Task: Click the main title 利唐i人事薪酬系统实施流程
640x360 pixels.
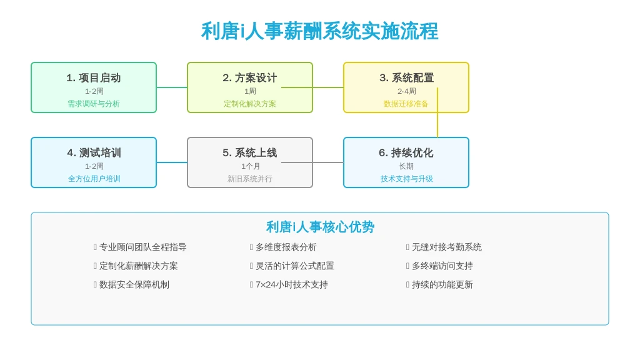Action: point(319,31)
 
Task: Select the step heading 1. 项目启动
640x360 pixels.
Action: point(94,77)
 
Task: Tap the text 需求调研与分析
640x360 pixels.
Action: point(94,104)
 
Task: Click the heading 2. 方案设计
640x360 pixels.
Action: point(250,77)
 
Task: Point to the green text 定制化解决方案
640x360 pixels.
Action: point(250,104)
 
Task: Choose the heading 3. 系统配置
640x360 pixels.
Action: point(406,77)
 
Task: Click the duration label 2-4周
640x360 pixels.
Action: point(406,91)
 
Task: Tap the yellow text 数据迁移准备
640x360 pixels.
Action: point(406,104)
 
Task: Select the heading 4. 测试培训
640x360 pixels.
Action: point(94,152)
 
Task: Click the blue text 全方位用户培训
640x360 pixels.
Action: point(94,179)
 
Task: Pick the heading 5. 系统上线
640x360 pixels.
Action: point(250,152)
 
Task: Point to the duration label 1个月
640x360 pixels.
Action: point(250,166)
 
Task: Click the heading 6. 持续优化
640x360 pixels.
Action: point(406,152)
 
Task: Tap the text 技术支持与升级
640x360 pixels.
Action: point(406,179)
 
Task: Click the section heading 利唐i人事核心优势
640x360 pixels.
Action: point(320,227)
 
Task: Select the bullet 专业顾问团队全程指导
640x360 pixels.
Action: point(143,247)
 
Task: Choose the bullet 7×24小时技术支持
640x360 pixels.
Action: point(291,284)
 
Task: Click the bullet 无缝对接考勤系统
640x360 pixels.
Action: point(446,247)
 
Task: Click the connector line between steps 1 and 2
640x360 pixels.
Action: point(172,87)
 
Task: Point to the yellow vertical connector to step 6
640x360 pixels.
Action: point(437,112)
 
